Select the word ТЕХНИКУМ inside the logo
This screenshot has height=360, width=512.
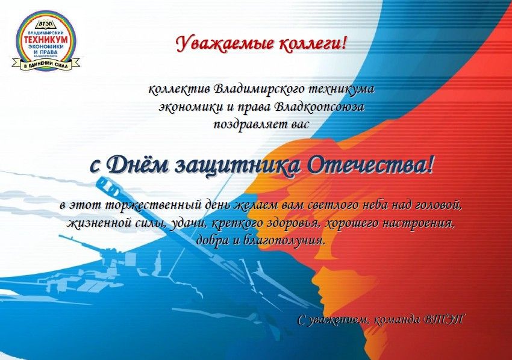[x=46, y=39]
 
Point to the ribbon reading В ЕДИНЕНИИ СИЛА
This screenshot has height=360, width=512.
[x=46, y=64]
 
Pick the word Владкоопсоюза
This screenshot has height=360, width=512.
[x=319, y=107]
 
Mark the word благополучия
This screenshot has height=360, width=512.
[x=285, y=241]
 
